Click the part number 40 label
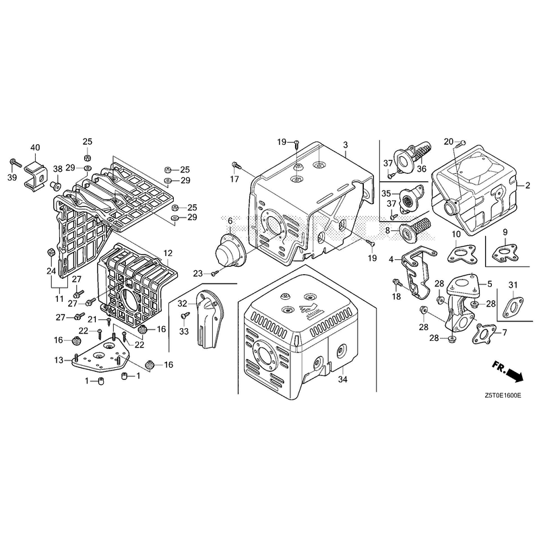35,148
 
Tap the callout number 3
346,145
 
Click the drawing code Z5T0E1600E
503,395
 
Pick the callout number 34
342,379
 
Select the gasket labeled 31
511,306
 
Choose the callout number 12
168,253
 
